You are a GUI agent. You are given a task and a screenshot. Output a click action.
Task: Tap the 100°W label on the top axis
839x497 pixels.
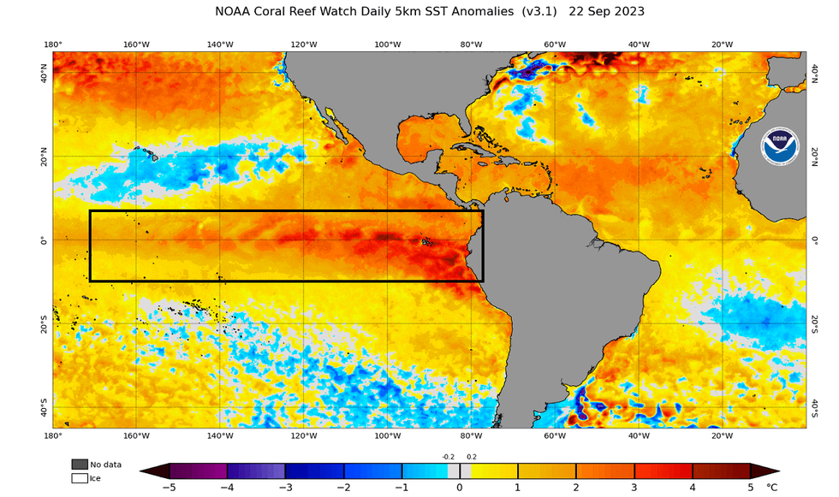click(387, 44)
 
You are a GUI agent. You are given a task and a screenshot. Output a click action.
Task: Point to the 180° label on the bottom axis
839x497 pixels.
click(53, 435)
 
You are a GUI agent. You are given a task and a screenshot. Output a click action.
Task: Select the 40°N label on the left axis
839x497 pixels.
click(43, 76)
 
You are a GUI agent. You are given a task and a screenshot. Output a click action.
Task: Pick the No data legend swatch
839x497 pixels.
click(80, 464)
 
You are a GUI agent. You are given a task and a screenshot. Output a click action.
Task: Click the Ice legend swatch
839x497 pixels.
click(80, 478)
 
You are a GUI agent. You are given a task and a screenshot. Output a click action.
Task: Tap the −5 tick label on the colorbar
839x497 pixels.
click(170, 487)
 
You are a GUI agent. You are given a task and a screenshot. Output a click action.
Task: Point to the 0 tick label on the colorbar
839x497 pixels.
click(460, 487)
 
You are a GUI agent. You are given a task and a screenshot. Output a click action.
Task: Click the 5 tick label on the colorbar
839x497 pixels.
click(750, 487)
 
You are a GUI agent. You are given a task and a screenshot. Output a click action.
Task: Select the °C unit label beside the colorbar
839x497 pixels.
click(773, 487)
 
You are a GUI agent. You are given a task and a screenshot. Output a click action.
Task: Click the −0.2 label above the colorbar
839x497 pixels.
click(448, 458)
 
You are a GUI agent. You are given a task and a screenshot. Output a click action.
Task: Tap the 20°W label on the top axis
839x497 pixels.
click(722, 44)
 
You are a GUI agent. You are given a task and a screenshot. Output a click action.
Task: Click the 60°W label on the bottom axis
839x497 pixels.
click(555, 435)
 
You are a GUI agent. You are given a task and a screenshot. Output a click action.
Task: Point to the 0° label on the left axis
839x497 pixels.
click(43, 240)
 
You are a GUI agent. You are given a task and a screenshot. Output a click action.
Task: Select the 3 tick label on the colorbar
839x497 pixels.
click(634, 487)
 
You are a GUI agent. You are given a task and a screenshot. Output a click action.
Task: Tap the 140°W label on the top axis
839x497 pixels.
click(220, 44)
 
